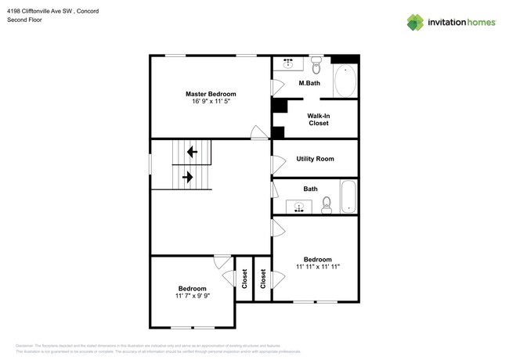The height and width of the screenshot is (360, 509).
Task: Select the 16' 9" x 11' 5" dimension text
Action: pos(211,102)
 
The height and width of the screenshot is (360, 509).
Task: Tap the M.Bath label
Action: pos(310,83)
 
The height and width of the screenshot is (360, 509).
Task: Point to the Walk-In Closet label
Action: pos(318,120)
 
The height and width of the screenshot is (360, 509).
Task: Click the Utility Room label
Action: pos(315,159)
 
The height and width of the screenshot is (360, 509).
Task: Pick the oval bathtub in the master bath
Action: pos(345,81)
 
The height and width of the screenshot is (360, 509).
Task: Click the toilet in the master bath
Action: pos(316,63)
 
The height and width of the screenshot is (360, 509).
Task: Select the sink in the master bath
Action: pos(288,63)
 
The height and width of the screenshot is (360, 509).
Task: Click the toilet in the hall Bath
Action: pos(327,205)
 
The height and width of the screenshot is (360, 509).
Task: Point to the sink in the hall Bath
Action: pos(298,207)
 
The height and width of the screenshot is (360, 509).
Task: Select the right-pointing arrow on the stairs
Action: pos(188,178)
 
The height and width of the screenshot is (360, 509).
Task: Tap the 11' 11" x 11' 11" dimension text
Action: pos(317,267)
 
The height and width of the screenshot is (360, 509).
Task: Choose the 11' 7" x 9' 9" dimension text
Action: pos(193,296)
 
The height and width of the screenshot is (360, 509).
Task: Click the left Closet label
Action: pos(244,279)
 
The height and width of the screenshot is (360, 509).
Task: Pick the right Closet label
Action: pos(263,279)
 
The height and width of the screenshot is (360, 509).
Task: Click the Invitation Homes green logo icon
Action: pos(416,22)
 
